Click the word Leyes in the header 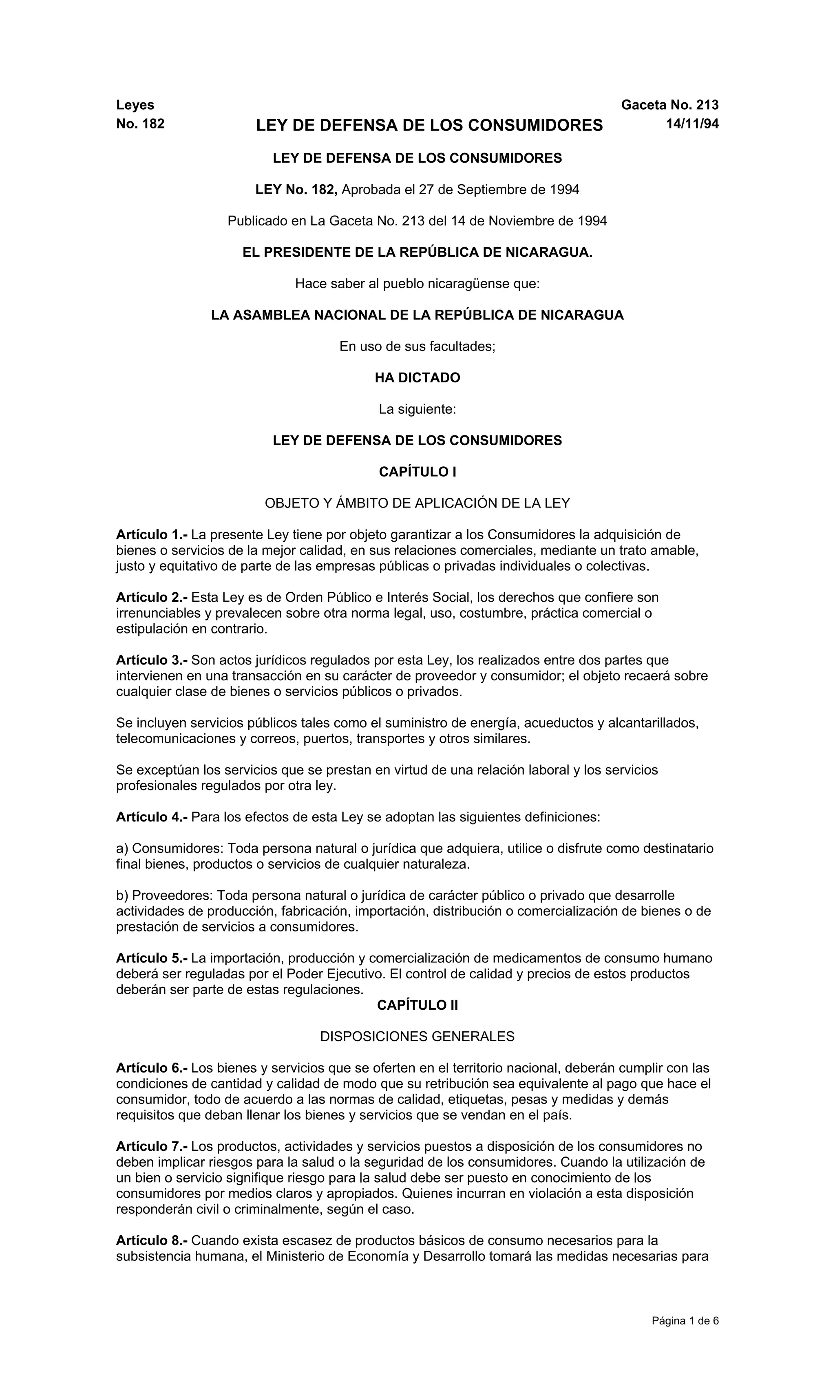pos(135,105)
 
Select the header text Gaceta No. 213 pos(669,105)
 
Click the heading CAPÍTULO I pos(417,472)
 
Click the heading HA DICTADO pos(417,378)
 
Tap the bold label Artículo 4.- pos(152,817)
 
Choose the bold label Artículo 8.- pos(152,1240)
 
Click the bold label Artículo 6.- pos(152,1068)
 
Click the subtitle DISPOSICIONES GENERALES pos(417,1036)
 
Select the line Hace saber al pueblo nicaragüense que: pos(417,284)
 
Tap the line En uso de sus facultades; pos(417,347)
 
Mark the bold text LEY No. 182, pos(296,190)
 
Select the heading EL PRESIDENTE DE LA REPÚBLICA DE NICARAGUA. pos(417,252)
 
